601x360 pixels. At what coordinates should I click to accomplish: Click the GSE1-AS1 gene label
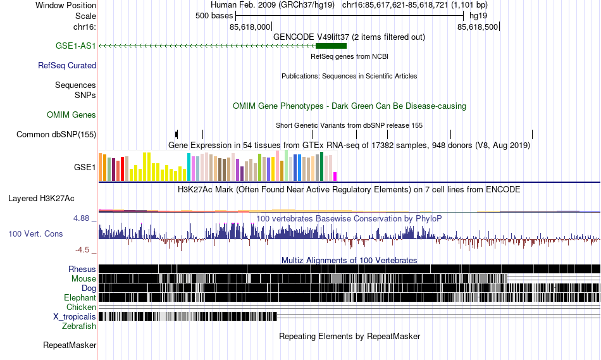click(75, 46)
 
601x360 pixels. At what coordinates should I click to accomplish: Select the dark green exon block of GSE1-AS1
click(331, 46)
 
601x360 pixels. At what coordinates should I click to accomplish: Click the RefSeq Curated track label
click(67, 65)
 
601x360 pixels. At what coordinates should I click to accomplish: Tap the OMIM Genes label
click(71, 115)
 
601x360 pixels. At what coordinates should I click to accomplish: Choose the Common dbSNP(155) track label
click(56, 134)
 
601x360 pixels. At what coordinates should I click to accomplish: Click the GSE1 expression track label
click(85, 168)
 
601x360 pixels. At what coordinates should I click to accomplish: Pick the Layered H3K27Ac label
click(41, 198)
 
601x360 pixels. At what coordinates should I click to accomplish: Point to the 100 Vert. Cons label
click(35, 233)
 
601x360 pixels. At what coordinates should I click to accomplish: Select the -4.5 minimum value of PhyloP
click(83, 249)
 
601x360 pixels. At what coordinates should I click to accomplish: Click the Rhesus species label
click(82, 269)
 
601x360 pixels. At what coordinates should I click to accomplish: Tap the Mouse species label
click(84, 278)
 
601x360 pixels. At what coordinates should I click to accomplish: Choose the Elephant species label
click(80, 297)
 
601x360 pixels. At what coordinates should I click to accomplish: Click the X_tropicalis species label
click(75, 316)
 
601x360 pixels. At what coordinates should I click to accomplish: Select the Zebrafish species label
click(79, 326)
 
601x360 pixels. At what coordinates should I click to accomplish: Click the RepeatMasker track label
click(70, 345)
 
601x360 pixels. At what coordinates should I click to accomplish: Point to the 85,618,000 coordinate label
click(250, 27)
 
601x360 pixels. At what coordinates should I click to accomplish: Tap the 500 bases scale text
click(214, 16)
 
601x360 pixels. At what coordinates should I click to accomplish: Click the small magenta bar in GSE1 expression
click(335, 176)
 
